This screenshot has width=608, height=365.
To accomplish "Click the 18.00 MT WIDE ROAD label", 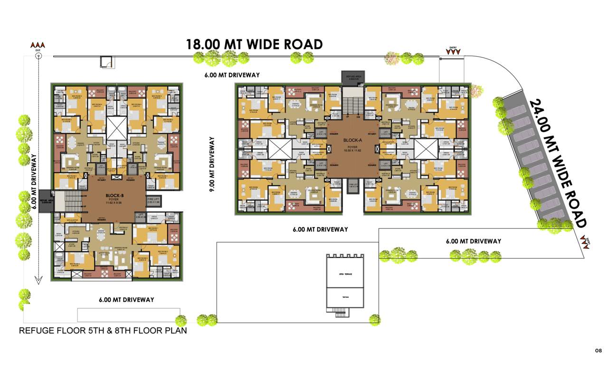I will pos(254,44).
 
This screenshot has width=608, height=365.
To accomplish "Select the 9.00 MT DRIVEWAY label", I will pos(212,164).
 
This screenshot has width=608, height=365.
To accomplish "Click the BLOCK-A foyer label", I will pos(352,143).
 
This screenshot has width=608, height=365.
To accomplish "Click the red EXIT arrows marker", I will pos(38,46).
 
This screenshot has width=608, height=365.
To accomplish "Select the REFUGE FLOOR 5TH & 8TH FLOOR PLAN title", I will pos(103,331).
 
